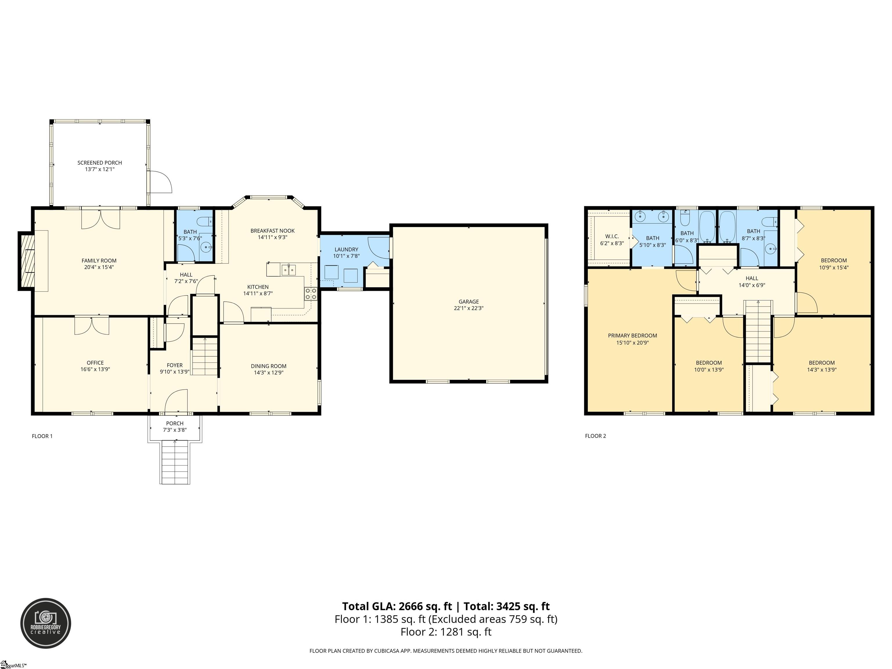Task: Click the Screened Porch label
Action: tap(100, 163)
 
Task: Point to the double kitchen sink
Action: tap(288, 269)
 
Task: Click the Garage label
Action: tap(469, 302)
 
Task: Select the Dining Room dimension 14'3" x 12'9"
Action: tap(269, 373)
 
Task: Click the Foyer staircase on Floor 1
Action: tap(204, 357)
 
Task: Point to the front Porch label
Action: tap(175, 423)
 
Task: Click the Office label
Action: tap(95, 363)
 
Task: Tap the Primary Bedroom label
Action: tap(632, 335)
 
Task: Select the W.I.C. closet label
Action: tap(612, 236)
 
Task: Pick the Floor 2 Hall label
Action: tap(752, 278)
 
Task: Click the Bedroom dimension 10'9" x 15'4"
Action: tap(834, 267)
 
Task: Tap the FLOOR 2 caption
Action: tap(595, 436)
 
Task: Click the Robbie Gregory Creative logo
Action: tap(46, 623)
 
